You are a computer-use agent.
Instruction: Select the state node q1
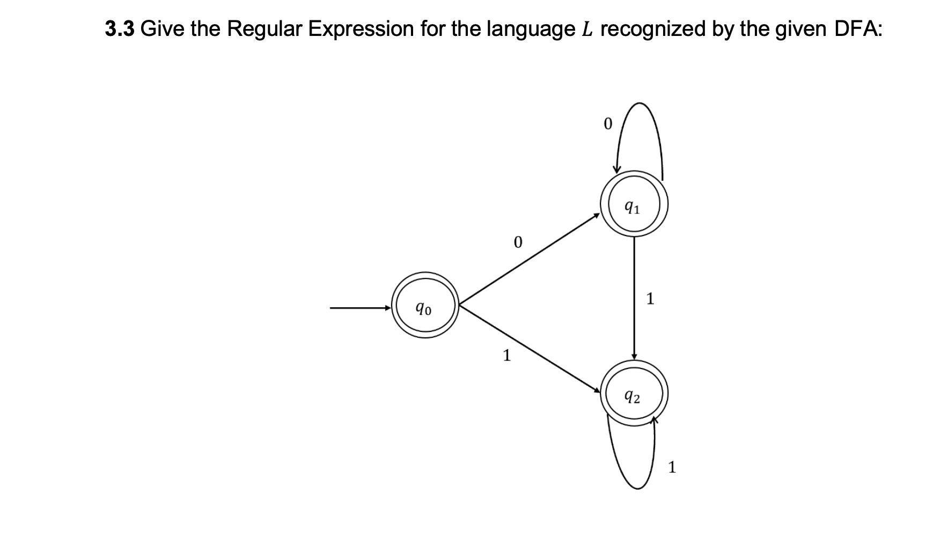coord(634,205)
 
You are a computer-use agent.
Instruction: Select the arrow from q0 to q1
coord(528,262)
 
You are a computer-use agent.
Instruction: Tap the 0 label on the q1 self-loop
coord(607,124)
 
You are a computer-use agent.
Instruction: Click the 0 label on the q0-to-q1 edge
coord(517,242)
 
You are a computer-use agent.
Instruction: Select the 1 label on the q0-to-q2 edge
coord(506,355)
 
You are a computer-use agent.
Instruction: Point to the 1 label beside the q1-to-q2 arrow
coord(650,298)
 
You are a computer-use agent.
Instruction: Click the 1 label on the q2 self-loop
coord(672,468)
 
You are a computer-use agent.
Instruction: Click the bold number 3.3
coord(120,29)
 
